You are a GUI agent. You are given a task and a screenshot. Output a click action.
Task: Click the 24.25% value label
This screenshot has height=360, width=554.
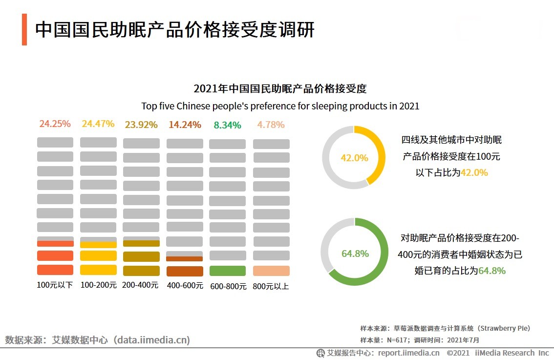pos(55,124)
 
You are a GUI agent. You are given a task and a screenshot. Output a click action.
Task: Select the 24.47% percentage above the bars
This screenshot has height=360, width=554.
pos(98,124)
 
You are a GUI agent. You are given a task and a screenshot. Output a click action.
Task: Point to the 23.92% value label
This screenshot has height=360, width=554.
pos(141,125)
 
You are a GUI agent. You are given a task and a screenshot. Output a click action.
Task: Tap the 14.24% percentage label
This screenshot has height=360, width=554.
pos(185,125)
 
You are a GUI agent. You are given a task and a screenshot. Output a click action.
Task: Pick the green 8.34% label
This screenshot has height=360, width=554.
pos(228,125)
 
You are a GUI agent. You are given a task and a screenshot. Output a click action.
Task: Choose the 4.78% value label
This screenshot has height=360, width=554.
pos(271,125)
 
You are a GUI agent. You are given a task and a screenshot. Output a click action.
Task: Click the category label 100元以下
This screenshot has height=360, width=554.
pos(55,285)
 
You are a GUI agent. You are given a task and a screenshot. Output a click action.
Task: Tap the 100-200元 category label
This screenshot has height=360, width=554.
pos(98,285)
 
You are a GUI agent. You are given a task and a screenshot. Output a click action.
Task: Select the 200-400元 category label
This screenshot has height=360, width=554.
pos(141,285)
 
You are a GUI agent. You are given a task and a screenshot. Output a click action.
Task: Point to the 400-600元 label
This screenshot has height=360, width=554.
pos(185,286)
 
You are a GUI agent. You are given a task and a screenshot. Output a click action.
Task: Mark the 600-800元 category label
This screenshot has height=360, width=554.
pos(228,286)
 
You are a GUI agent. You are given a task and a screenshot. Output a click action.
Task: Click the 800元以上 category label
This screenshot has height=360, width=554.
pos(271,286)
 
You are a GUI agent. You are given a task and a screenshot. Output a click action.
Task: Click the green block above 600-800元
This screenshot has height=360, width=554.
pos(228,271)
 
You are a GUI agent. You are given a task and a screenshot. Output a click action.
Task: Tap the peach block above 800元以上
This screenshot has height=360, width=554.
pos(271,271)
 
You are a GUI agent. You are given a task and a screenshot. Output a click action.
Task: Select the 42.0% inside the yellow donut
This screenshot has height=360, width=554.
pos(354,158)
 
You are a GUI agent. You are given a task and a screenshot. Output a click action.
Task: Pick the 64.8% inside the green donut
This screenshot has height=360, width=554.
pos(355,254)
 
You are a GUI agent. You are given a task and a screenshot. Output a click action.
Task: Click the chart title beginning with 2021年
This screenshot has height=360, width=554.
pos(280,89)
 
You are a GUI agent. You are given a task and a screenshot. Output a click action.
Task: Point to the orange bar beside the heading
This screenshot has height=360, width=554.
pos(24,30)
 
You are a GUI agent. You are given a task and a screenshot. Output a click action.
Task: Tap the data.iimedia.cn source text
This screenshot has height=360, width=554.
pos(151,340)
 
